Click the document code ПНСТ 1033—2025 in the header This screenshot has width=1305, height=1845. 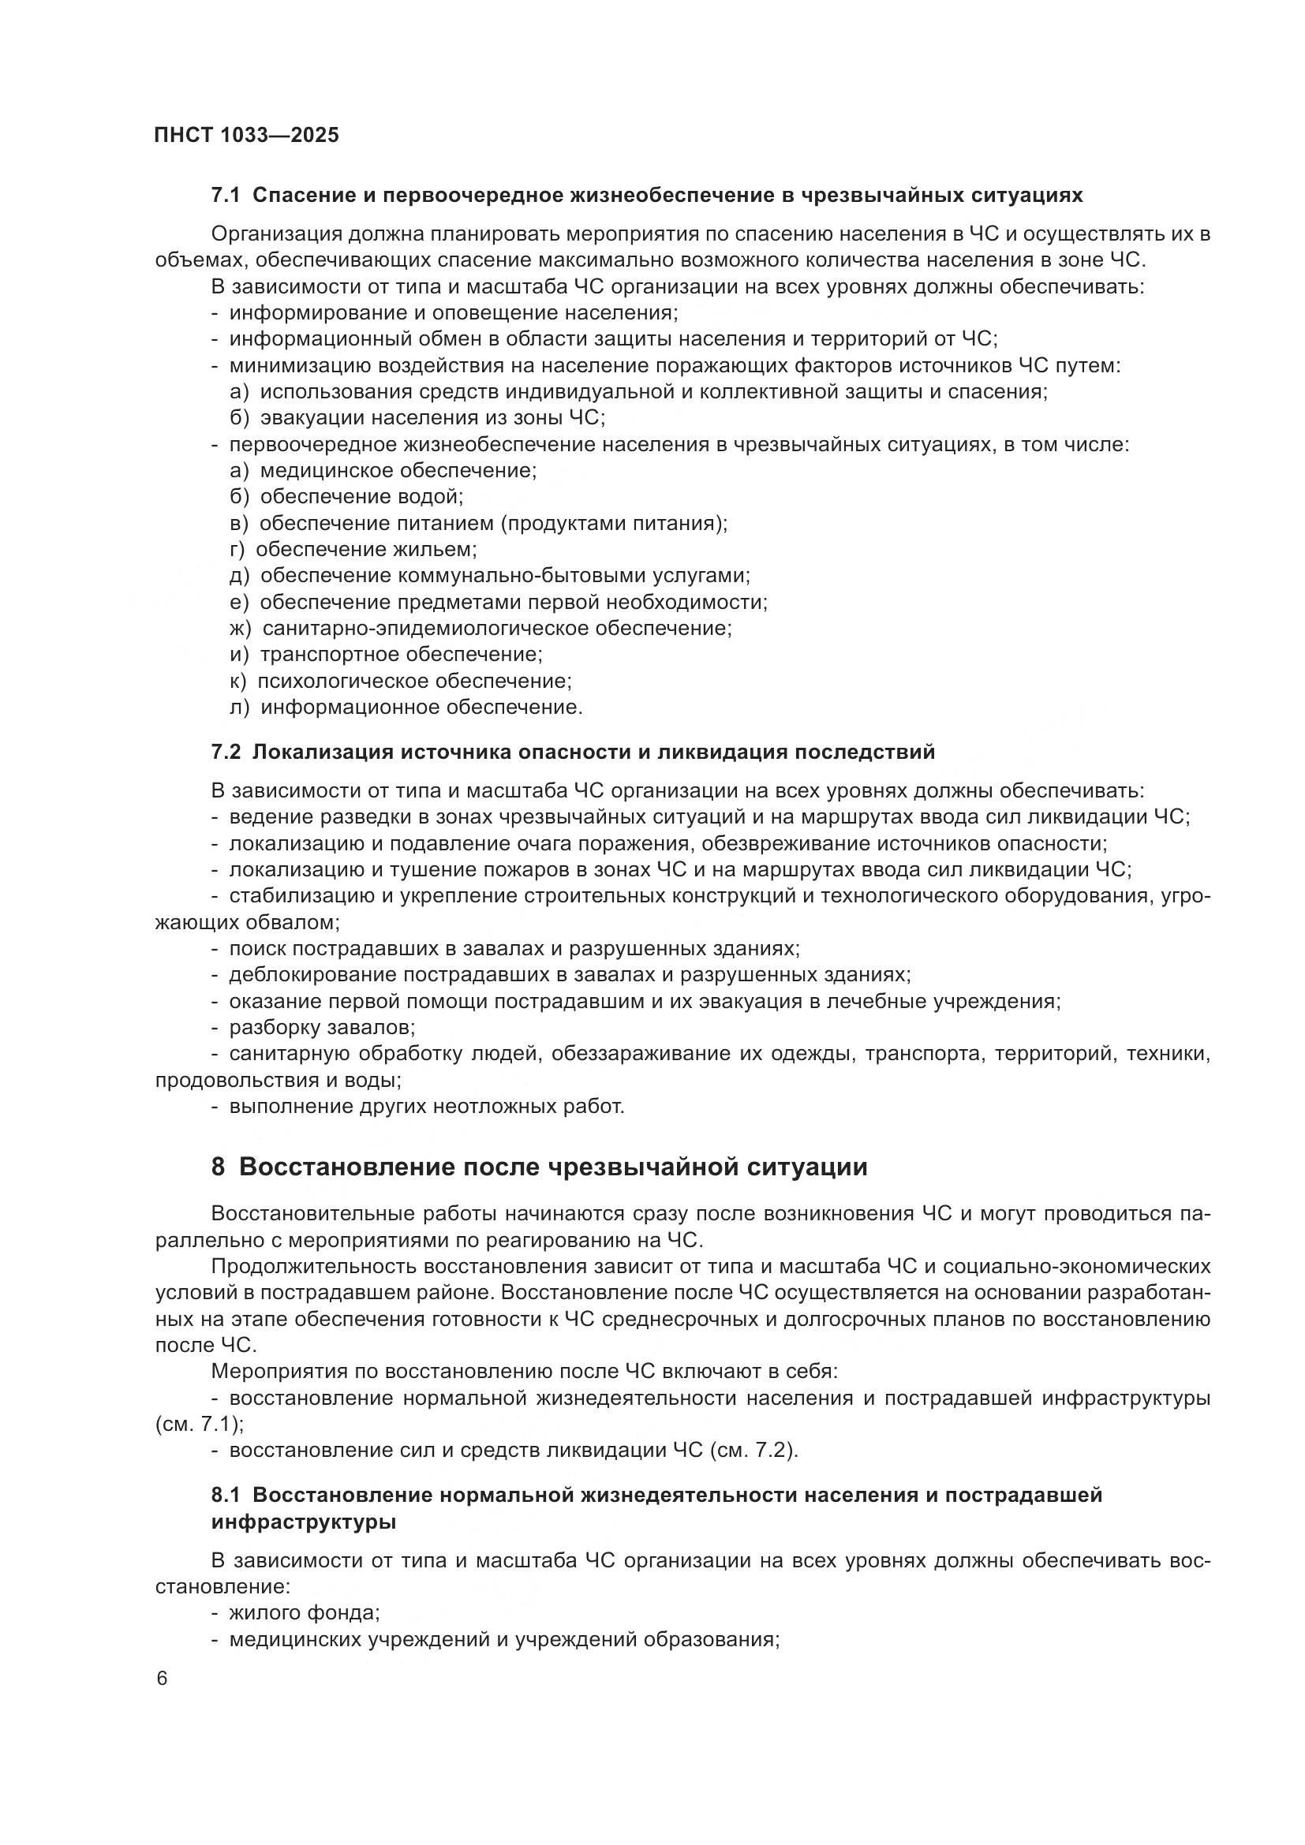[x=247, y=135]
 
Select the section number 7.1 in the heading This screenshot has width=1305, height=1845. [x=226, y=196]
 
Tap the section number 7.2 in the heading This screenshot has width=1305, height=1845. [x=226, y=753]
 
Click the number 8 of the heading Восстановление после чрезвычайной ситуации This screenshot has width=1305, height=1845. [x=219, y=1167]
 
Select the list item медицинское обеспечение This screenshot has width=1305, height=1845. [x=398, y=471]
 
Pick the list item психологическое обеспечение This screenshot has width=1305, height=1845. [x=414, y=682]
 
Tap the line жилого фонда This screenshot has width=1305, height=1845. [x=304, y=1613]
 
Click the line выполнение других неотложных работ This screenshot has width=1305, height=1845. [x=426, y=1107]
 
